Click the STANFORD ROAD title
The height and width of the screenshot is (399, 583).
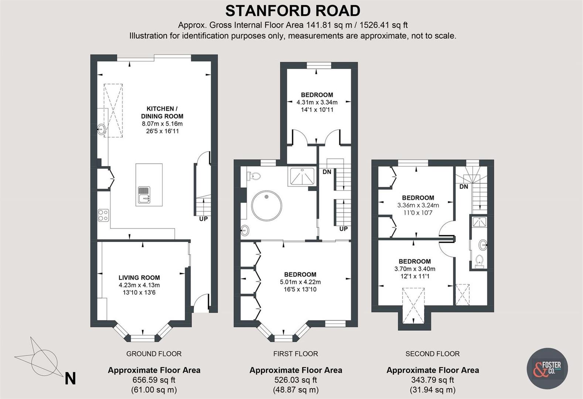(293, 11)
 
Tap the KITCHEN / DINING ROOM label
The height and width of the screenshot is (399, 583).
(162, 112)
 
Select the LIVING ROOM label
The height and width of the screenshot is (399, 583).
(139, 277)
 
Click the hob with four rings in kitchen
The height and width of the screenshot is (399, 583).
(103, 215)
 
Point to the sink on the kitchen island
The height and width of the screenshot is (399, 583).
(144, 195)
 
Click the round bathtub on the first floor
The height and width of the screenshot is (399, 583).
(266, 206)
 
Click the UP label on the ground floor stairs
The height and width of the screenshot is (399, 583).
(203, 219)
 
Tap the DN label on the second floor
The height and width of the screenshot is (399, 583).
(464, 187)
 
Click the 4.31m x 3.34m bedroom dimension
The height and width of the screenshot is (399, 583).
(317, 102)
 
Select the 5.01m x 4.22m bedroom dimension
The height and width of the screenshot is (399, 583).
(300, 282)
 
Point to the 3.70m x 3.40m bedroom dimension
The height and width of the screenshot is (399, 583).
(415, 269)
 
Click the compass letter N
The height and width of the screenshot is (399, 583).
(70, 379)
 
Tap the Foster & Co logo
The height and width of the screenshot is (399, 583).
(547, 368)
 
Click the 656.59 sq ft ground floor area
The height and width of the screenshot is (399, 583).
(154, 380)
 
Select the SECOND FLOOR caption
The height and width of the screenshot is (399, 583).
(432, 354)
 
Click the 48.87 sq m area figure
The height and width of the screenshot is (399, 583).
(296, 389)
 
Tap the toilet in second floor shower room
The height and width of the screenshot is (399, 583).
(479, 260)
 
